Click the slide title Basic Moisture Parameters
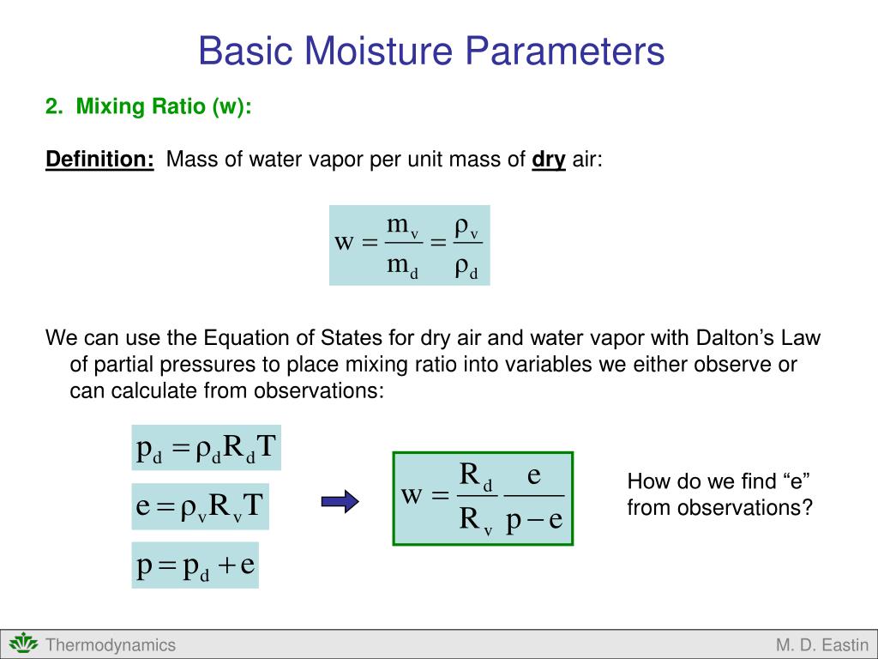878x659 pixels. tap(431, 51)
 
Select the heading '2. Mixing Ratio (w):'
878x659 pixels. tap(148, 107)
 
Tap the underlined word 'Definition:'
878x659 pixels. tap(99, 160)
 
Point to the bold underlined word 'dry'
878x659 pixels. tap(549, 160)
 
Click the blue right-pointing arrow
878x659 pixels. tap(340, 500)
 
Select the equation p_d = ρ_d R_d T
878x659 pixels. tap(207, 448)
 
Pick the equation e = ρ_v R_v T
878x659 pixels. tap(201, 507)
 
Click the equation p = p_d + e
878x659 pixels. tap(195, 565)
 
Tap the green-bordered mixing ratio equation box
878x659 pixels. tap(483, 499)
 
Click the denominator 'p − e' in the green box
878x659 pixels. tap(533, 521)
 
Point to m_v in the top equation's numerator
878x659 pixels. tap(401, 227)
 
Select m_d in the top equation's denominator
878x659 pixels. tap(401, 265)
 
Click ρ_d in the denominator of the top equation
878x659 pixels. tap(466, 268)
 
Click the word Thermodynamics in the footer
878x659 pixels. tap(111, 645)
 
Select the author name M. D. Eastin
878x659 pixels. tap(822, 645)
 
